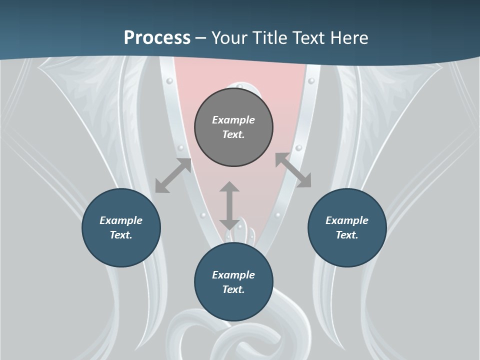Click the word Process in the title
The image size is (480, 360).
click(157, 38)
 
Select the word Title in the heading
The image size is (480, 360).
click(273, 38)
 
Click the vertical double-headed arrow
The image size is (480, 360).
click(229, 205)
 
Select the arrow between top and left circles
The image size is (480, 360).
click(173, 175)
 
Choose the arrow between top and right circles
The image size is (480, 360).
click(293, 170)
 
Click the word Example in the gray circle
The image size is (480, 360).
click(233, 120)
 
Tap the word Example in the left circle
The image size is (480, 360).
click(121, 220)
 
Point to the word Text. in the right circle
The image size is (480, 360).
click(347, 235)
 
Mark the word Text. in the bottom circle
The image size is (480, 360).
click(233, 289)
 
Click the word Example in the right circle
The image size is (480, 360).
click(347, 220)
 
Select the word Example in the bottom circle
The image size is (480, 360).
click(233, 275)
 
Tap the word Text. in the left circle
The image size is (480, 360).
click(121, 235)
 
